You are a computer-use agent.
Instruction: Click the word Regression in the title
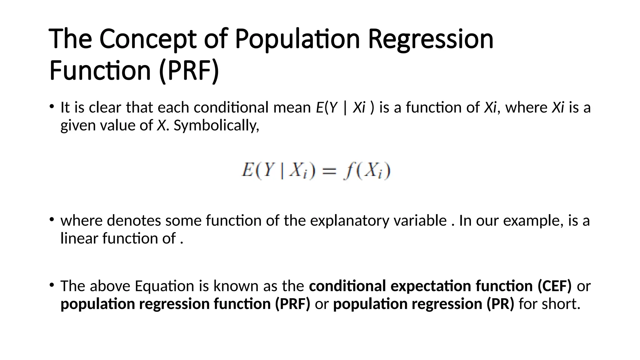click(431, 39)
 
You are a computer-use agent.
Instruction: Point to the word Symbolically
click(216, 126)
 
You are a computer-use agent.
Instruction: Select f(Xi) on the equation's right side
click(367, 171)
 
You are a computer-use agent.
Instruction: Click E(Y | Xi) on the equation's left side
click(278, 171)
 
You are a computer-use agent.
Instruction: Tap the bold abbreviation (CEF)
click(554, 286)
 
